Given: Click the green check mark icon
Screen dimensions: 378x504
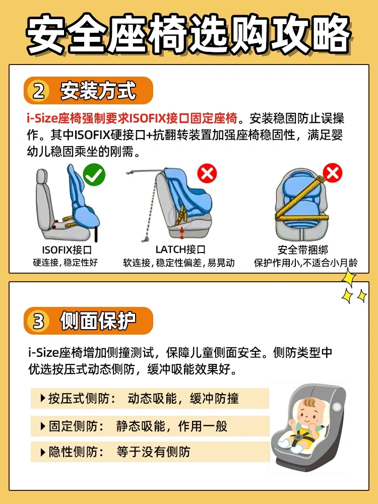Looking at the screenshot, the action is click(94, 174).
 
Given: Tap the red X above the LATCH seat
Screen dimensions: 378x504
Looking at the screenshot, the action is click(207, 174).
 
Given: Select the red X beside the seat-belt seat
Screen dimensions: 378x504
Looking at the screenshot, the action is click(332, 172).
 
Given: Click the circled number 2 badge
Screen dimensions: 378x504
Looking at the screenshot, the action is click(39, 91).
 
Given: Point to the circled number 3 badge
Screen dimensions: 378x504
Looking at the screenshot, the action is click(39, 321).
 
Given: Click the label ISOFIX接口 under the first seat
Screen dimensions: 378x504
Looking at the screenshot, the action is click(67, 250).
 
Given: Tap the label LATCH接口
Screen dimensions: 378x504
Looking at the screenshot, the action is click(180, 249).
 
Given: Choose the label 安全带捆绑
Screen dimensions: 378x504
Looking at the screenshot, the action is click(303, 250).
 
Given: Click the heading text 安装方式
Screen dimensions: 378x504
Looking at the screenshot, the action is click(98, 91).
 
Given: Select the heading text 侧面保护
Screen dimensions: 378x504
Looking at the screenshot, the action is click(98, 321).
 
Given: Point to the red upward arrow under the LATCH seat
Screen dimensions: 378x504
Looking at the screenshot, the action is click(182, 232).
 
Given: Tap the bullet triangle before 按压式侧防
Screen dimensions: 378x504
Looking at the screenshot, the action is click(43, 399).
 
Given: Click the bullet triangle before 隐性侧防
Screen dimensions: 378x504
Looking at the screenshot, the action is click(43, 452).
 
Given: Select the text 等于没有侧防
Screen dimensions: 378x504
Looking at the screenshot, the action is click(153, 452).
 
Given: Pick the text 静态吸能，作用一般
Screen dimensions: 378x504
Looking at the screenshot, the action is click(172, 426).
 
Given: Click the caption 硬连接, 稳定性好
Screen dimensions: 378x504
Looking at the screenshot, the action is click(65, 263).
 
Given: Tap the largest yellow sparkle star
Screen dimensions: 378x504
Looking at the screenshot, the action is click(349, 278).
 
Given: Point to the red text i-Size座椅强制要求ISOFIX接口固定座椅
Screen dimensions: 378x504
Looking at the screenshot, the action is click(132, 118).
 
